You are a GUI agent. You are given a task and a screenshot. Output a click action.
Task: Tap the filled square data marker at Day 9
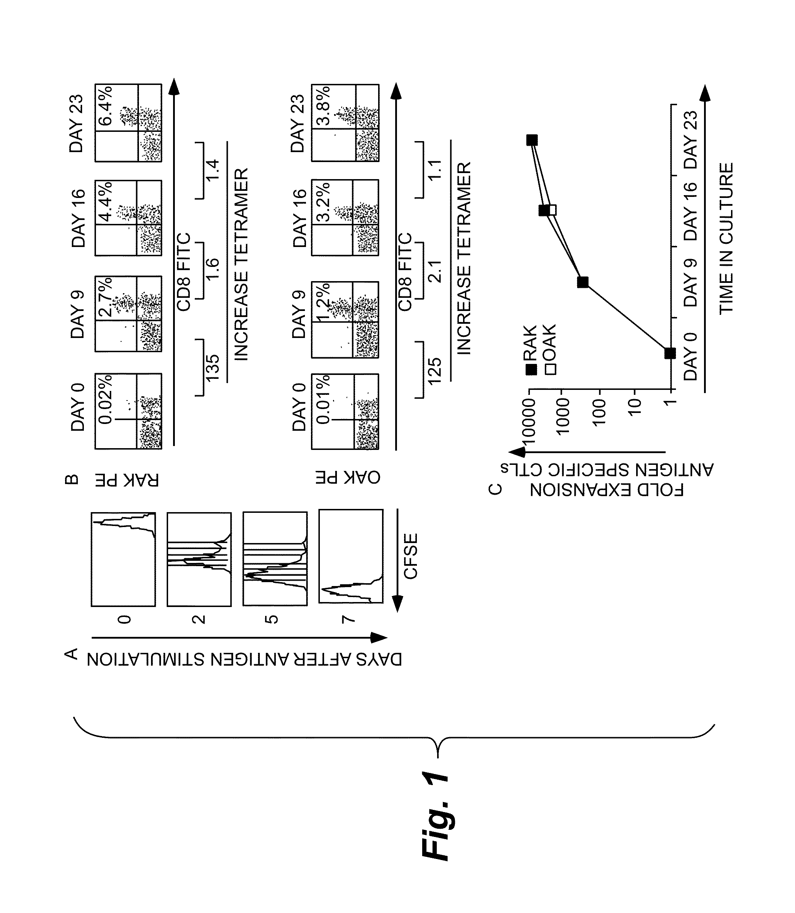point(583,282)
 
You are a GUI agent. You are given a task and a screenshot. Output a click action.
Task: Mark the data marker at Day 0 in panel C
point(670,354)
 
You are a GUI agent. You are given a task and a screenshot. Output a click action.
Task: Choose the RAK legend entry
point(531,350)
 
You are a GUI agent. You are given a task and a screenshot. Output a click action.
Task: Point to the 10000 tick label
point(529,420)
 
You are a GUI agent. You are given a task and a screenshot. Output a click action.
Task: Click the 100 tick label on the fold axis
point(599,413)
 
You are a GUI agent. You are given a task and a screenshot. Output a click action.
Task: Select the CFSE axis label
point(411,556)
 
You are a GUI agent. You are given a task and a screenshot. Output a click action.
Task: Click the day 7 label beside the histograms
point(348,618)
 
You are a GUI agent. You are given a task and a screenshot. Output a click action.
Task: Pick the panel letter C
point(495,489)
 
